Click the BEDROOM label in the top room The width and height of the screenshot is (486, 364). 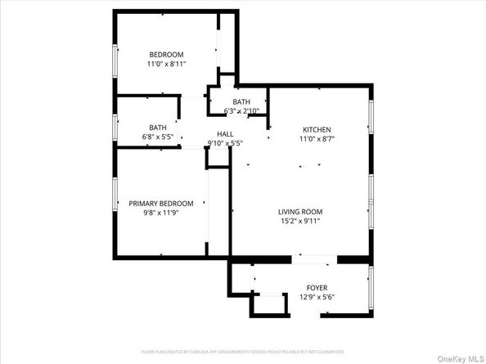point(165,54)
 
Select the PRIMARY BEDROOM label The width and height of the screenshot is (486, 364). point(161,204)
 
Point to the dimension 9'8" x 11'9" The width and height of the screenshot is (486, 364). point(161,213)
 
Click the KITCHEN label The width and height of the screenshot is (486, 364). point(317,130)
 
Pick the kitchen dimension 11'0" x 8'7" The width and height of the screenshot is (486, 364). point(317,140)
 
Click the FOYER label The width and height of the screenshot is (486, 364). point(317,288)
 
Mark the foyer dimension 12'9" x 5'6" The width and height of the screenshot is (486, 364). point(317,297)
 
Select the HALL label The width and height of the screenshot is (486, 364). point(225,134)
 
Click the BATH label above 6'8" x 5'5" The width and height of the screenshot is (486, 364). point(157,128)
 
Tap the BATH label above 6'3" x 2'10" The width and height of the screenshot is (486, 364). point(241,101)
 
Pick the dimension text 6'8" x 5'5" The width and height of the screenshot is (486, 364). point(157,137)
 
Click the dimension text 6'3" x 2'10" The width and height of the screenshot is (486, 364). point(242,110)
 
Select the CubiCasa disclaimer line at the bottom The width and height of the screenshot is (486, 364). point(243,352)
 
